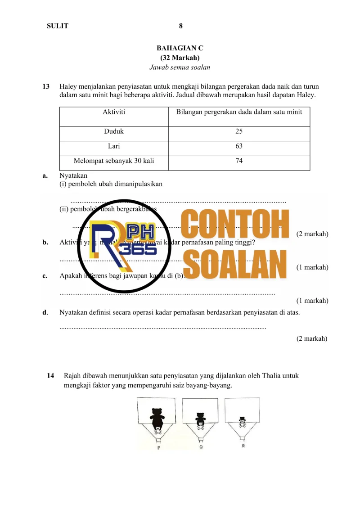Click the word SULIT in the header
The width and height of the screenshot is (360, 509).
pyautogui.click(x=58, y=26)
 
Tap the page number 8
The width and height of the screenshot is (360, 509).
pyautogui.click(x=180, y=26)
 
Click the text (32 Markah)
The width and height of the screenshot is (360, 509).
pyautogui.click(x=180, y=58)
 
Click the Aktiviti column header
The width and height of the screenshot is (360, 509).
pyautogui.click(x=114, y=112)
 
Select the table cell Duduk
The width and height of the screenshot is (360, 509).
pyautogui.click(x=114, y=131)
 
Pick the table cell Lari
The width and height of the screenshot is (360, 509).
pyautogui.click(x=114, y=146)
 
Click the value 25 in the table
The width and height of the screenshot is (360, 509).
pyautogui.click(x=239, y=131)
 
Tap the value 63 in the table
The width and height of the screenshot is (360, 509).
pyautogui.click(x=239, y=146)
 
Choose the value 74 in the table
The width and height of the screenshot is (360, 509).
pyautogui.click(x=239, y=161)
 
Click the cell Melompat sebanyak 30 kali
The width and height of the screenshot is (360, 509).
pyautogui.click(x=114, y=161)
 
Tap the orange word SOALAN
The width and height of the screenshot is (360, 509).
pyautogui.click(x=235, y=263)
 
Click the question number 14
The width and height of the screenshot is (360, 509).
pyautogui.click(x=50, y=375)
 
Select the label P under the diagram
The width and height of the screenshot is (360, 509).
pyautogui.click(x=158, y=448)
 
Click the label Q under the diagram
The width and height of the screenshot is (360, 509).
pyautogui.click(x=200, y=447)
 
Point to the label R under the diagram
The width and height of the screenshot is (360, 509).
pyautogui.click(x=243, y=446)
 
